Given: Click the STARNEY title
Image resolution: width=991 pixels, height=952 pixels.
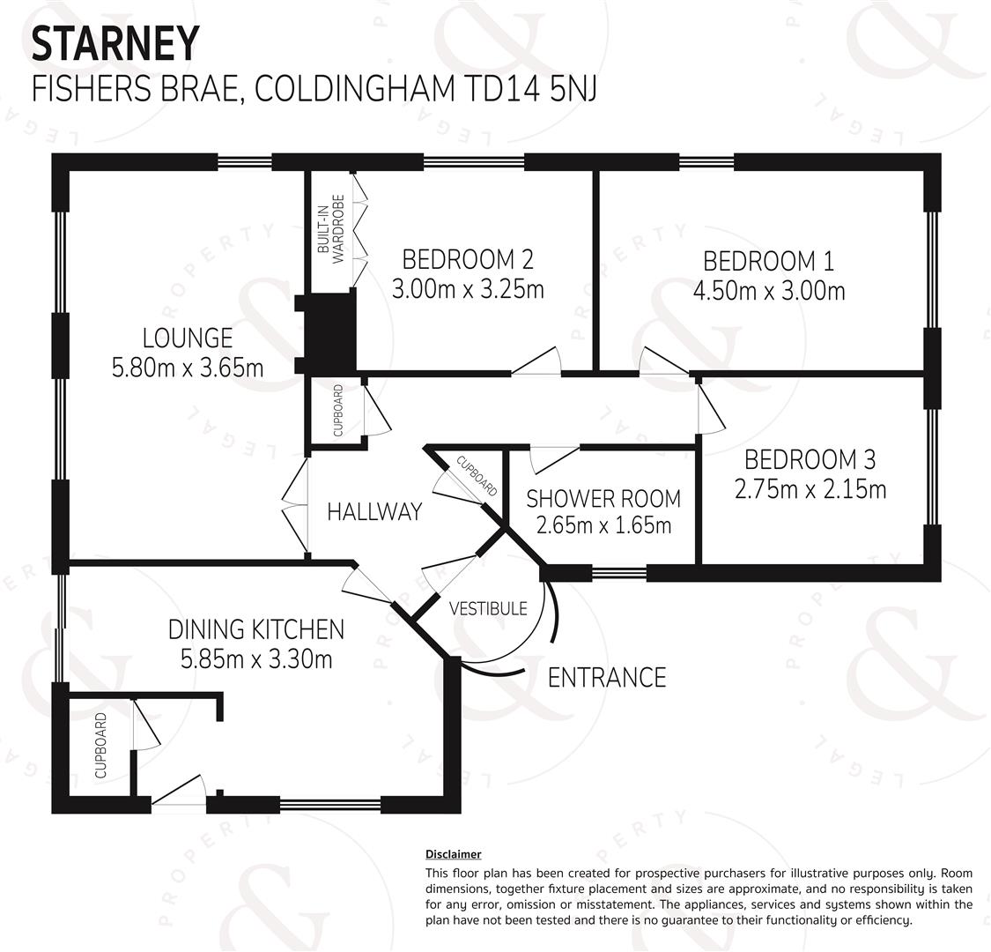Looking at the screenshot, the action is (x=115, y=43).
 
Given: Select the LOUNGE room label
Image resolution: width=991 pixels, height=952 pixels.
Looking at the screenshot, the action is (x=188, y=338).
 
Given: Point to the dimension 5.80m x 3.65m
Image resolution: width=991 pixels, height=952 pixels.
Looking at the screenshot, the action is (x=188, y=368).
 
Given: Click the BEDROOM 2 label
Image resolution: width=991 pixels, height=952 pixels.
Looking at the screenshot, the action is (x=468, y=259).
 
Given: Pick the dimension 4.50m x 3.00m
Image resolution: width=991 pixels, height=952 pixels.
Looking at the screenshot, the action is (x=769, y=291).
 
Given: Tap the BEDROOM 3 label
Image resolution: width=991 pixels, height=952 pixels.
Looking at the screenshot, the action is (x=810, y=459).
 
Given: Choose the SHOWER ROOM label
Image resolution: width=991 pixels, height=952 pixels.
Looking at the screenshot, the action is (x=603, y=498).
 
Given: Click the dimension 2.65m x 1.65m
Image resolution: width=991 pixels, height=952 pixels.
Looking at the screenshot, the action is (x=603, y=525).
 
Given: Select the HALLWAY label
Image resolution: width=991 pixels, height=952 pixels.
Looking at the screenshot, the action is (x=374, y=511).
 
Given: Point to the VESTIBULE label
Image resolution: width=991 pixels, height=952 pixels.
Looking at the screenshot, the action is (x=488, y=608).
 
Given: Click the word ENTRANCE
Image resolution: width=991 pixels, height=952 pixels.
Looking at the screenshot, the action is (x=607, y=678).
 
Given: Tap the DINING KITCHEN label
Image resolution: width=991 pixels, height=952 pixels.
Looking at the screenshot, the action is (x=256, y=629).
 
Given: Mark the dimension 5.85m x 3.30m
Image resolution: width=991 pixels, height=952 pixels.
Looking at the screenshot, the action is (x=256, y=659).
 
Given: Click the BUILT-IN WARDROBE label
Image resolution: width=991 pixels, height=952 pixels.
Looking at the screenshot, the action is (x=331, y=229).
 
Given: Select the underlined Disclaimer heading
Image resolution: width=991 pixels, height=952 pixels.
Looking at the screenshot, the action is (x=453, y=854).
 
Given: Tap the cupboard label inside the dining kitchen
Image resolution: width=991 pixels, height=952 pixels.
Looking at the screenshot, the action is (x=100, y=746).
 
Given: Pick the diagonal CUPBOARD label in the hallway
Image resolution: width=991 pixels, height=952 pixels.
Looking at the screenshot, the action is (x=477, y=476).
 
